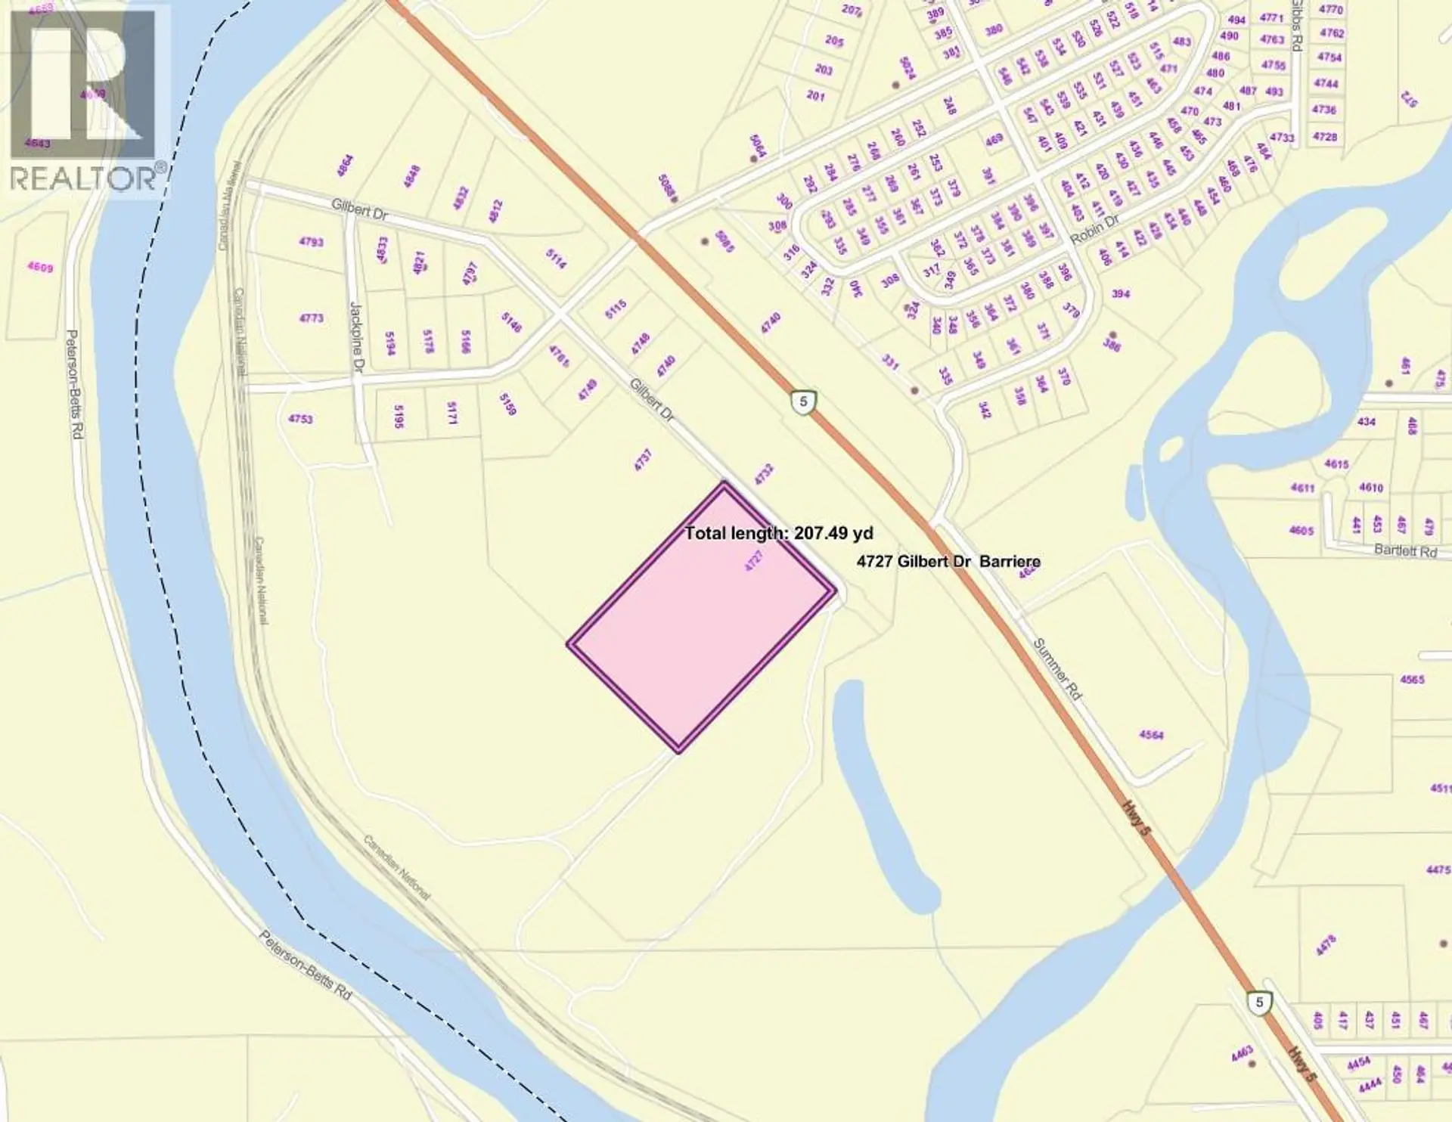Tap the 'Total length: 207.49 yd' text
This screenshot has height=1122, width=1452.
coord(779,533)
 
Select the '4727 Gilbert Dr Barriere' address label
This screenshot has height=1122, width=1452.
coord(948,561)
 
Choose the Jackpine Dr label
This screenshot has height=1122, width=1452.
coord(356,337)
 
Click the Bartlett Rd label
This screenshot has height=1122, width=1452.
coord(1405,551)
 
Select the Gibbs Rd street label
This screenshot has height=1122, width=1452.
coord(1295,26)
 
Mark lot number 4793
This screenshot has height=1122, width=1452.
coord(311,242)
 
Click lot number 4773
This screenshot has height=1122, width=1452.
coord(311,318)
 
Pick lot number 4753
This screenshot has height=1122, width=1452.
coord(300,419)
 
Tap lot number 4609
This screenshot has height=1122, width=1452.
coord(40,267)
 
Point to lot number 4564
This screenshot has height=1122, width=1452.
coord(1151,735)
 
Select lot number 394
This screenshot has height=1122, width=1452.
coord(1120,293)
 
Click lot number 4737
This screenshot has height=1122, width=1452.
coord(643,460)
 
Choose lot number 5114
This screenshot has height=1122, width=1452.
coord(556,259)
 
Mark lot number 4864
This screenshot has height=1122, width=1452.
coord(345,166)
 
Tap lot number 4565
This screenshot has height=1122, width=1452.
coord(1412,680)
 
